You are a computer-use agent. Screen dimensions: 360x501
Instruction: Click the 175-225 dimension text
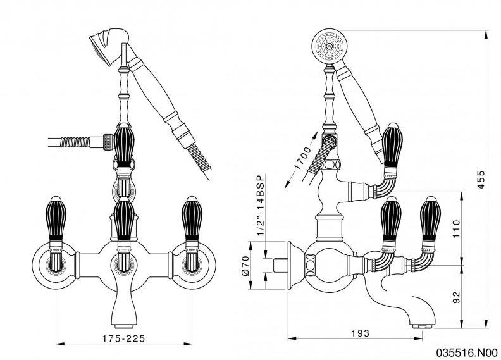click(125, 338)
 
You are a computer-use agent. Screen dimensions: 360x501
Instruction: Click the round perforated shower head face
click(328, 46)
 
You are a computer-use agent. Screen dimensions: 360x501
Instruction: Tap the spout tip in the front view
click(124, 313)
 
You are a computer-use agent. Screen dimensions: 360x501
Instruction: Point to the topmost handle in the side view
click(392, 145)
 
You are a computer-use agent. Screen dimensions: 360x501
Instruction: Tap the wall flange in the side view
click(292, 264)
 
